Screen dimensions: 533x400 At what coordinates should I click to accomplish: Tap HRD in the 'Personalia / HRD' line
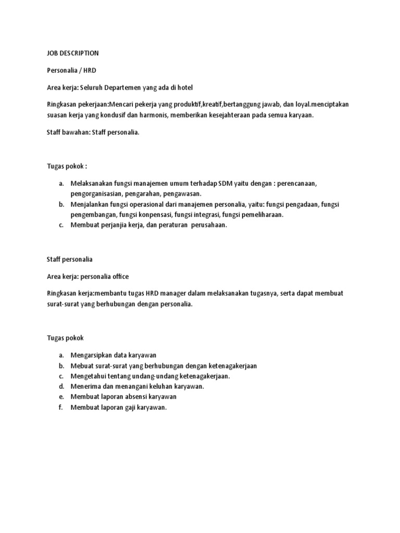[89, 70]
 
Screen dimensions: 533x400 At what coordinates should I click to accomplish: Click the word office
[132, 276]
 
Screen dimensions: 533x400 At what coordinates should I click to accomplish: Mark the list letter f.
[60, 408]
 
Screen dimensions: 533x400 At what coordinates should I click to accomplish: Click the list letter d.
[61, 386]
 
